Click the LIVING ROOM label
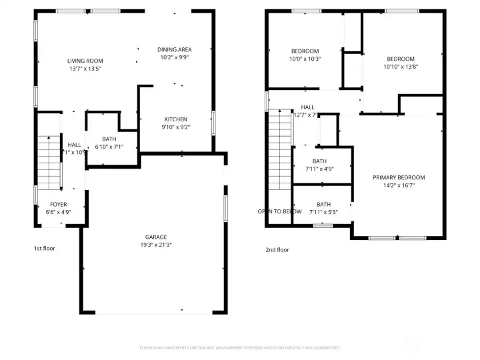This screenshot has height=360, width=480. click(85, 61)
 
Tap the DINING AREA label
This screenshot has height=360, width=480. click(175, 49)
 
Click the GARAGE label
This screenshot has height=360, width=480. click(156, 237)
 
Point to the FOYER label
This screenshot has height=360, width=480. click(58, 205)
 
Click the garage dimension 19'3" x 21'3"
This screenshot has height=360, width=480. click(156, 245)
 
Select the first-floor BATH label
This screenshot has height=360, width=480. click(109, 139)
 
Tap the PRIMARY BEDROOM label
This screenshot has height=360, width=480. click(398, 177)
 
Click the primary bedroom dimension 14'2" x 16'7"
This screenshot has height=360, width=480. click(398, 185)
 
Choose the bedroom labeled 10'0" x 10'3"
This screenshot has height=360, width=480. click(305, 59)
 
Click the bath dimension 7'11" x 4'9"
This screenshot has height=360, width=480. click(319, 169)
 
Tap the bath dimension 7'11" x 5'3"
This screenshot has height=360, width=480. click(323, 212)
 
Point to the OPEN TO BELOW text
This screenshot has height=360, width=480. click(279, 211)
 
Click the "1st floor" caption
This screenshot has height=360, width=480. click(45, 248)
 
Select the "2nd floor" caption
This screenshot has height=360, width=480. click(277, 250)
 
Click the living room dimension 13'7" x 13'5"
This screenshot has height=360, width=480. click(85, 69)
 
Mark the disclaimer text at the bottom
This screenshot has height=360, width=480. click(239, 347)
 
